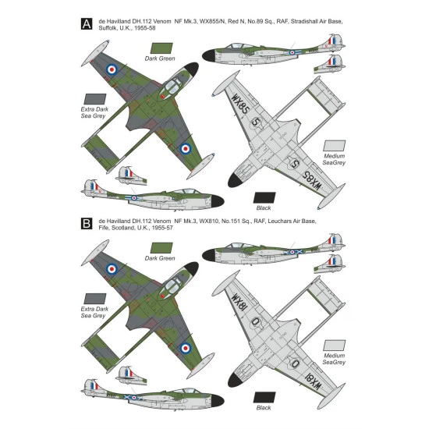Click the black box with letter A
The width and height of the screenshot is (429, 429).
[x=87, y=24]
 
